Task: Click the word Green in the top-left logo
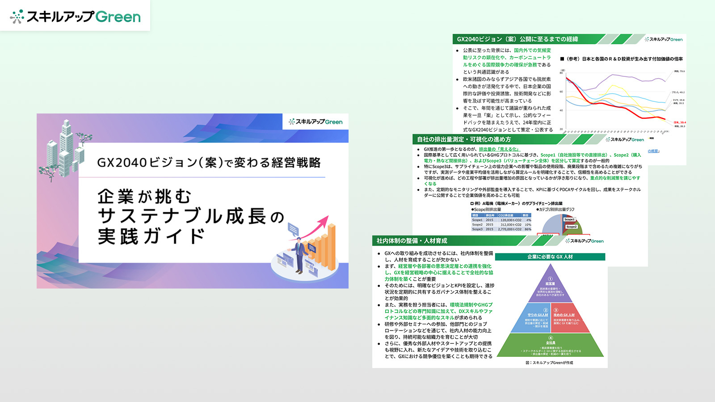(118, 17)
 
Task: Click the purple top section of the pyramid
(550, 286)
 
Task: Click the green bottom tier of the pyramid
(551, 347)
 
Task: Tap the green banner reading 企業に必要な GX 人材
(550, 257)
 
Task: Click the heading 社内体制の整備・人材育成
(412, 241)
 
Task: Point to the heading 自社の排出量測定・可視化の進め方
(464, 139)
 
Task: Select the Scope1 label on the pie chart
(569, 219)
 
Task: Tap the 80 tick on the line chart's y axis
(562, 73)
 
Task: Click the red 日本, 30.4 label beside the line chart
(679, 122)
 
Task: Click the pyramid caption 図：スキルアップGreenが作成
(549, 363)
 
